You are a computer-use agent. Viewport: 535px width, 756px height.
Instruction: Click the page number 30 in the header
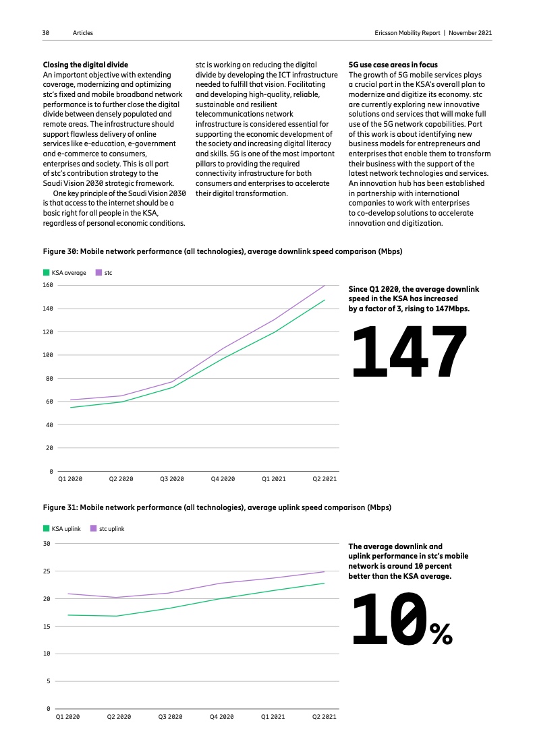(x=45, y=32)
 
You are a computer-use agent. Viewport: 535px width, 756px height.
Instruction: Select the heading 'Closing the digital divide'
(x=85, y=65)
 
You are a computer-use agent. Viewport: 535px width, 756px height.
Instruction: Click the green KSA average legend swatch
(x=46, y=273)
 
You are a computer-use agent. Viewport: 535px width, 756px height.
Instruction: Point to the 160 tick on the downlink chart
(x=48, y=285)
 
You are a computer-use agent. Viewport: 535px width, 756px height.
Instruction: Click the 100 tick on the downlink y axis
(x=48, y=355)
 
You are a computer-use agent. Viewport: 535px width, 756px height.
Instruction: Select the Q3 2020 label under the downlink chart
(x=172, y=478)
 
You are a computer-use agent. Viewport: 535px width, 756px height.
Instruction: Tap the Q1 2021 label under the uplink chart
(x=273, y=717)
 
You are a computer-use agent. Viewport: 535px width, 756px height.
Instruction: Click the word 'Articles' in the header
(x=84, y=32)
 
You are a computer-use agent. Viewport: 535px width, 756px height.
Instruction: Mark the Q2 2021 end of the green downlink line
(x=325, y=301)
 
